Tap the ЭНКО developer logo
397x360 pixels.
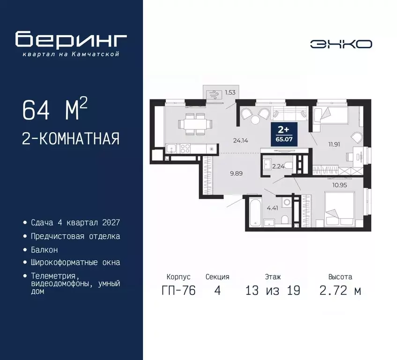point(341,44)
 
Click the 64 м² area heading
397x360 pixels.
point(54,110)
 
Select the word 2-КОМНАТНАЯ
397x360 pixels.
point(70,139)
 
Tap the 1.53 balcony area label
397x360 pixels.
point(230,92)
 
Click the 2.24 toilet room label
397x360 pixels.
point(278,165)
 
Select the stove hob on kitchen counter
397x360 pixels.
point(185,149)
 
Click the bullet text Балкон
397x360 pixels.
point(45,250)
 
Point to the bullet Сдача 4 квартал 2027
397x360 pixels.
point(72,223)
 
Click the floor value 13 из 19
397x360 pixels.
point(272,291)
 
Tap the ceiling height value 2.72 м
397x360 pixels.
point(340,291)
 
